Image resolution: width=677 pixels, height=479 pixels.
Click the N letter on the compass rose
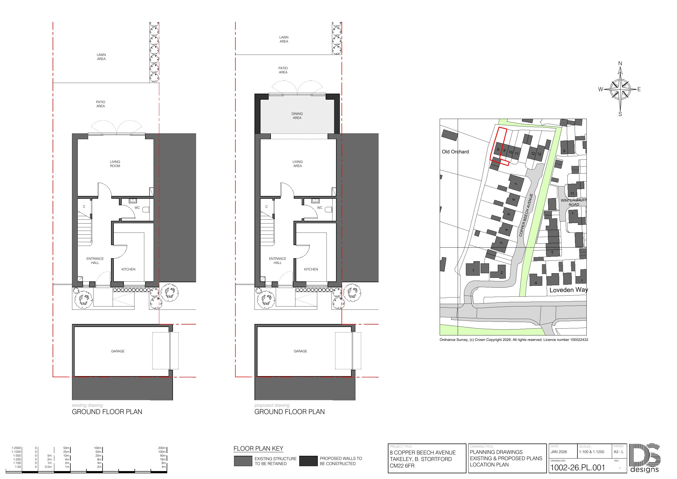click(620, 63)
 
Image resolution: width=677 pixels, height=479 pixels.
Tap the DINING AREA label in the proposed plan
click(297, 116)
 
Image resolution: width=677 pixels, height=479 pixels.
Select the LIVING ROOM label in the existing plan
click(115, 164)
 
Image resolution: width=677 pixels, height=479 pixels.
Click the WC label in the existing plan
click(137, 208)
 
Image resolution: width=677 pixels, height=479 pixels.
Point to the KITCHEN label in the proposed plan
click(311, 269)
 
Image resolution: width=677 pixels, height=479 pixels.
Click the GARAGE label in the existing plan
click(118, 351)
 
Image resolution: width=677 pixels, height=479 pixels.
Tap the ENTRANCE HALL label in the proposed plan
click(277, 261)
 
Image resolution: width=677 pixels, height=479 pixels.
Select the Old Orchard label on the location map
click(455, 152)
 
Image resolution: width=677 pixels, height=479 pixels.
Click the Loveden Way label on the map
click(568, 290)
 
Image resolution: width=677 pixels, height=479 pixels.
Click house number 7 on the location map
click(516, 184)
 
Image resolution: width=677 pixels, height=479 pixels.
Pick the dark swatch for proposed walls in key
click(308, 461)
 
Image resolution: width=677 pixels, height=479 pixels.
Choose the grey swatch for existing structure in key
click(243, 461)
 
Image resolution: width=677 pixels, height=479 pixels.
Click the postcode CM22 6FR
click(402, 466)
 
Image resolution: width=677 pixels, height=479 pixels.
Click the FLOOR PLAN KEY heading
click(258, 449)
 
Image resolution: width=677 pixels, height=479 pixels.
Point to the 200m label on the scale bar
click(162, 448)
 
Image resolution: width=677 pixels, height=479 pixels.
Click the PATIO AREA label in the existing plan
click(101, 104)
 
